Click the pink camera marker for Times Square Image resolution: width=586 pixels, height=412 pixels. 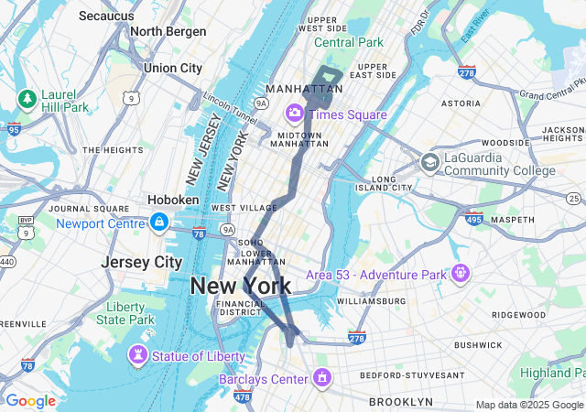point(295,114)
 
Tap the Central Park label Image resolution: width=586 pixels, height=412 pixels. point(349,42)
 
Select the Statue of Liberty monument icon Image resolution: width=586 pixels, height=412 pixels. point(138,355)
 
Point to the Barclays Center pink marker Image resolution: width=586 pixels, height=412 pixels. point(321,377)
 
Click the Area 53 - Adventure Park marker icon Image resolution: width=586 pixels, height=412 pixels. point(459,273)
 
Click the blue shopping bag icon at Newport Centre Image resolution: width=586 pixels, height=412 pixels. point(159,222)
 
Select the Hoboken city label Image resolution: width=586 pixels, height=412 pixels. point(173,200)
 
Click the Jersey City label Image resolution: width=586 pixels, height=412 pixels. point(142,262)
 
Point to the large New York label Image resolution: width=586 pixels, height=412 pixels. point(241,287)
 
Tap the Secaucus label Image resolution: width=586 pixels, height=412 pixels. point(108,16)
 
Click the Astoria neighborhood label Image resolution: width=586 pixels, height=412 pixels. point(461,104)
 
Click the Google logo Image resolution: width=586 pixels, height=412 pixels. point(30,401)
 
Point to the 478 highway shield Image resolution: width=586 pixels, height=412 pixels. point(243,396)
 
